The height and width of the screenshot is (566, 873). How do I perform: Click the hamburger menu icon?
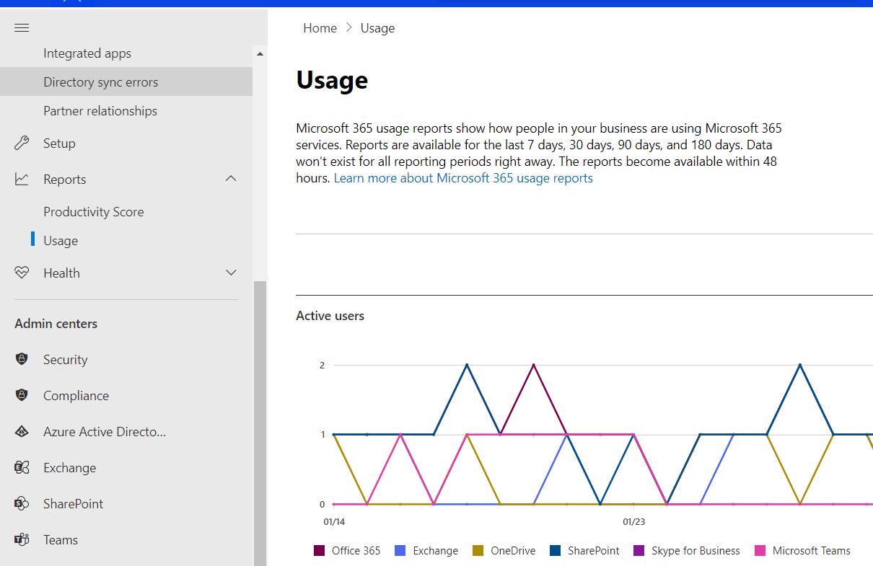22,27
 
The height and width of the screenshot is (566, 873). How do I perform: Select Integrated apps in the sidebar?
87,53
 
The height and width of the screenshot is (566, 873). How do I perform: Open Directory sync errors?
100,81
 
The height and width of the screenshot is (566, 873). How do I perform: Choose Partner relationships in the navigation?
100,110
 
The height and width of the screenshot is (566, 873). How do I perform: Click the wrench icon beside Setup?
22,143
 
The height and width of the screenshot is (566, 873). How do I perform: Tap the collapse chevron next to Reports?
231,178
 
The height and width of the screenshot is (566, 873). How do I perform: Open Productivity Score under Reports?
94,211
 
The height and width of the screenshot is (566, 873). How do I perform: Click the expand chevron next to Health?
231,273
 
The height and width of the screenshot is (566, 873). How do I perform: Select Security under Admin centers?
66,359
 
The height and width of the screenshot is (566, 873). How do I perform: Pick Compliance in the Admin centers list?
76,395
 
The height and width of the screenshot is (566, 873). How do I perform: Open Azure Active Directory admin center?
105,431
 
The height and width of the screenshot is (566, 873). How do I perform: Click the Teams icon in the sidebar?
22,539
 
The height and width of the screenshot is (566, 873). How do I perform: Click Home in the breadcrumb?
320,28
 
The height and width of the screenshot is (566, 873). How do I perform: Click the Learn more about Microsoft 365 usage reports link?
463,178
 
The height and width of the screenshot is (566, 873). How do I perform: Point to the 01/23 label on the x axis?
633,521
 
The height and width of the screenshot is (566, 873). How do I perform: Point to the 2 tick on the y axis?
322,365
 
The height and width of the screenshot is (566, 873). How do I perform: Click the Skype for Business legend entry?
687,550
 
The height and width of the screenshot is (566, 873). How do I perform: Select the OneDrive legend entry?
504,550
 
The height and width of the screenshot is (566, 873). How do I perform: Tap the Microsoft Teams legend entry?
802,550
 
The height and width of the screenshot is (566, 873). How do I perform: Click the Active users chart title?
330,316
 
